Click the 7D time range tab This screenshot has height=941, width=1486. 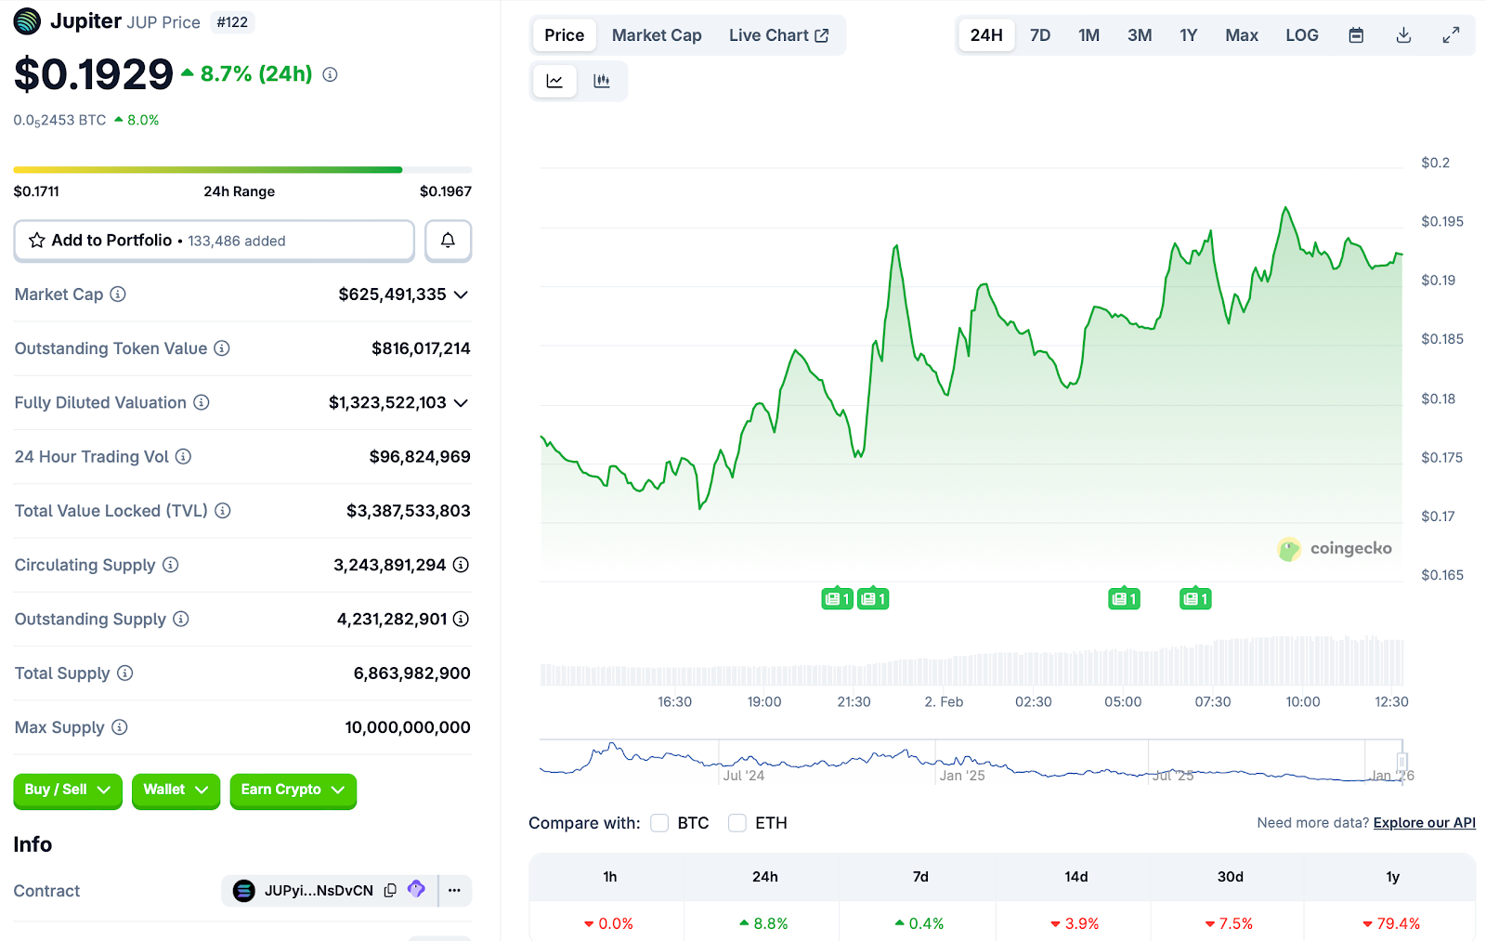(1040, 35)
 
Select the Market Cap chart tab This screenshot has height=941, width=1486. (657, 35)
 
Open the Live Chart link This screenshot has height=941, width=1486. (778, 35)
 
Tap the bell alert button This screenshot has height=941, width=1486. (448, 241)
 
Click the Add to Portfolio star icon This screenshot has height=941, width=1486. (37, 241)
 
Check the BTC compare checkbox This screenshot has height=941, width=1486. (659, 823)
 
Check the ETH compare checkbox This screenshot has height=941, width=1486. (737, 823)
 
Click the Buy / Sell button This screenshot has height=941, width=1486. (67, 790)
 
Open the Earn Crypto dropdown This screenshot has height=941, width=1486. (293, 790)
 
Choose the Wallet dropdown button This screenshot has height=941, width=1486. (176, 790)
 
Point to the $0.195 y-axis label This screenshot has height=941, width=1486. (1441, 221)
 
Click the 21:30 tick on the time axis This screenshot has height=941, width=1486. (854, 701)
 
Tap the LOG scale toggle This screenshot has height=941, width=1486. (1301, 35)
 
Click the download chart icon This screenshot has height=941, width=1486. (1403, 35)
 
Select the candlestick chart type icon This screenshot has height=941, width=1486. (602, 81)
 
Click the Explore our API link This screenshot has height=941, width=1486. (1424, 823)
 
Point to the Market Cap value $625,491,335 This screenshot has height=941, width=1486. (392, 294)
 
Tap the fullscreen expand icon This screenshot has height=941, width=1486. (1451, 35)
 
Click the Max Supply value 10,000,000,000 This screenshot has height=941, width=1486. (407, 727)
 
